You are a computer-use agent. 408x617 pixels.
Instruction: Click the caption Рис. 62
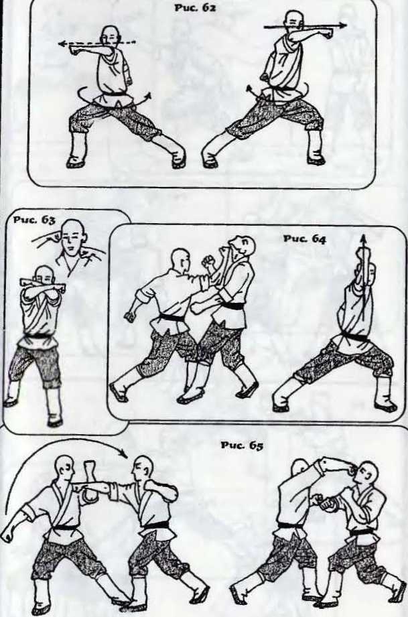(195, 7)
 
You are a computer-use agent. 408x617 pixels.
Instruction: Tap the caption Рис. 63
(34, 220)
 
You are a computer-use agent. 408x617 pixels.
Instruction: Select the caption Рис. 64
(304, 238)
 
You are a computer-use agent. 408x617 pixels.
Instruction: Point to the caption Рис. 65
(242, 445)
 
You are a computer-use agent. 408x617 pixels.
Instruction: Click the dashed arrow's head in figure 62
(62, 44)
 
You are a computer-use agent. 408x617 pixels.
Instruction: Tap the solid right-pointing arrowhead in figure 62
(343, 26)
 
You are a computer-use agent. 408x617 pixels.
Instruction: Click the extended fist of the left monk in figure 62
(75, 50)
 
